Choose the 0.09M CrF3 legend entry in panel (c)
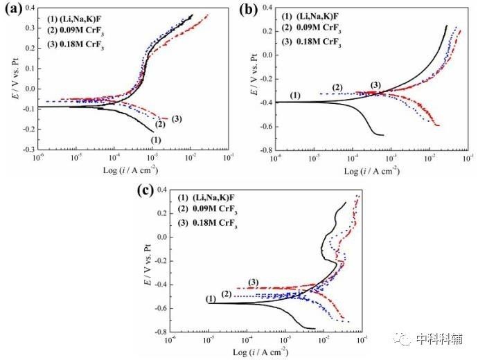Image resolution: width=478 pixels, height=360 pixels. click(209, 210)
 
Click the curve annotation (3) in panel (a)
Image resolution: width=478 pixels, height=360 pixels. click(176, 119)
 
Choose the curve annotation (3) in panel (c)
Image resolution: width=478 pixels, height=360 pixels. click(254, 282)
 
